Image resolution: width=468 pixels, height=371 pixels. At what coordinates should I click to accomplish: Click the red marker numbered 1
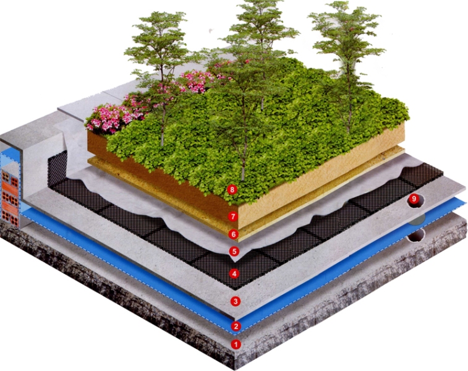(235, 344)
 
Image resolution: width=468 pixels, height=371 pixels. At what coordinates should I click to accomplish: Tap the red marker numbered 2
(235, 326)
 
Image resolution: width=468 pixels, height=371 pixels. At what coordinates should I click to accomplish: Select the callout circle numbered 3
(235, 301)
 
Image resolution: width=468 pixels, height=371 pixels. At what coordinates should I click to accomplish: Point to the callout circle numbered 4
(234, 273)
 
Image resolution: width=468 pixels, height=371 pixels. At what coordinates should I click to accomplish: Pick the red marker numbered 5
(234, 251)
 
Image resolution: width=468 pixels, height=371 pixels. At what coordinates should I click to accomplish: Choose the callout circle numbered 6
(233, 234)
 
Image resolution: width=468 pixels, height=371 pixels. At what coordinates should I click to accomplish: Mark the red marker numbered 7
(233, 216)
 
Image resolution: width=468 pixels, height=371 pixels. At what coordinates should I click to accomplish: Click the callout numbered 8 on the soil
(232, 189)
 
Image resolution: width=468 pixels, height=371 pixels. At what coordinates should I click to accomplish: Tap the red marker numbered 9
(414, 199)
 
